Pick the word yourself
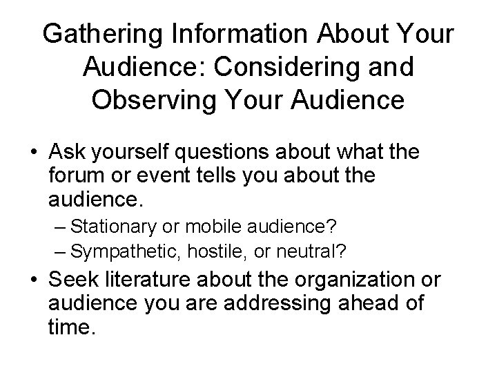click(137, 151)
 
